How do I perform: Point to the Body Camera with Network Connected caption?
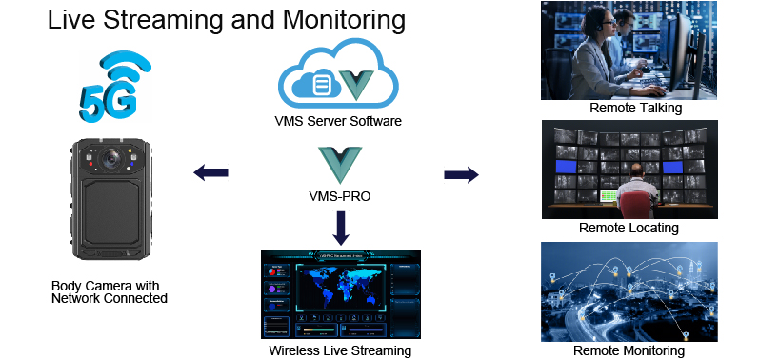[110, 292]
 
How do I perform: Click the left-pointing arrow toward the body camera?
[210, 172]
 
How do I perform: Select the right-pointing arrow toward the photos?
[461, 174]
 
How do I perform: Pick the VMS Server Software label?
[337, 122]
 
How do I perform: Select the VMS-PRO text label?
[339, 197]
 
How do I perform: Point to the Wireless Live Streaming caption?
[339, 350]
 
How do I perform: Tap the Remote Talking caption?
[635, 108]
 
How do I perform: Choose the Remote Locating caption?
[629, 228]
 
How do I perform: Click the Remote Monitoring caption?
[629, 350]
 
